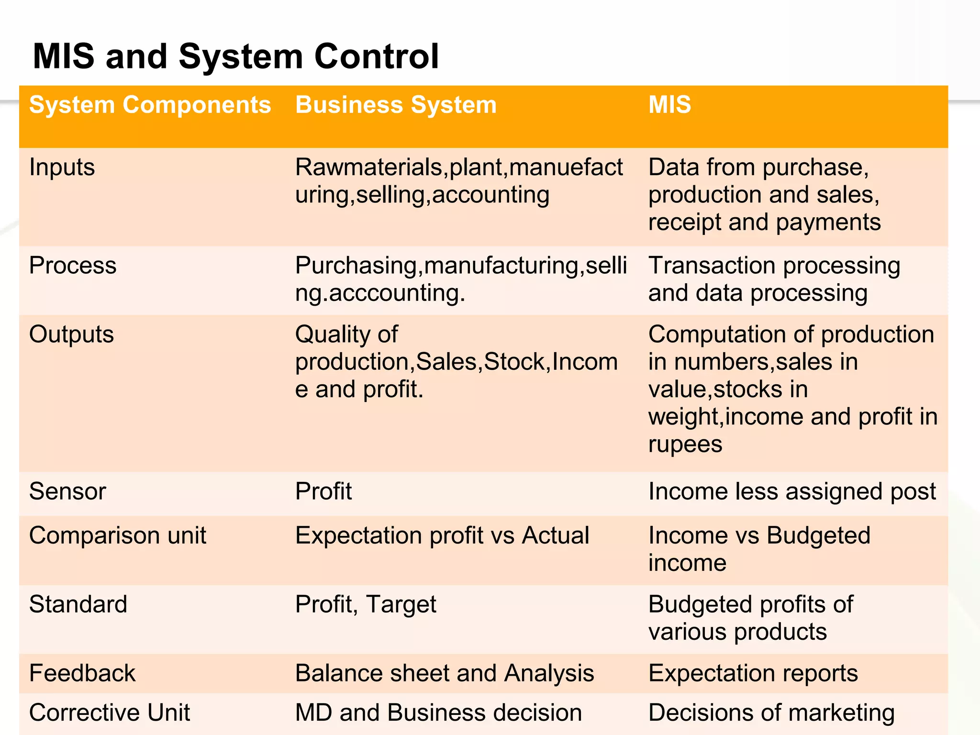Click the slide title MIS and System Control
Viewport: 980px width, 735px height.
tap(235, 56)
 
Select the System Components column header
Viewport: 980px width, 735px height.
tap(150, 105)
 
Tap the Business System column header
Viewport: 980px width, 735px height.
tap(396, 105)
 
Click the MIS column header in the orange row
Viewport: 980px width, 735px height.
tap(669, 105)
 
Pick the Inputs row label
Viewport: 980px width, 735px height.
tap(62, 167)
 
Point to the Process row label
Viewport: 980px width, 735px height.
tap(73, 266)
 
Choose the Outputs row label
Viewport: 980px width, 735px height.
tap(72, 334)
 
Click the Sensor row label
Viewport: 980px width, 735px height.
tap(67, 491)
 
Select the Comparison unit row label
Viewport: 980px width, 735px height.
tap(118, 535)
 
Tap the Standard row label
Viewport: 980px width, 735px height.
tap(78, 604)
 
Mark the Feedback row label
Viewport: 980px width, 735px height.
tap(82, 673)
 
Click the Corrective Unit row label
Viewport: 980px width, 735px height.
tap(110, 713)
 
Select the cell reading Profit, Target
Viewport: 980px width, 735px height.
tap(366, 604)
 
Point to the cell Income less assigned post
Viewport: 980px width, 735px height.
tap(792, 491)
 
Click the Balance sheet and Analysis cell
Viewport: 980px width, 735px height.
tap(445, 673)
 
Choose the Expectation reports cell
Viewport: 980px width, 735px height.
tap(753, 673)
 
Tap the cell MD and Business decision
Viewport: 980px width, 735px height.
tap(438, 713)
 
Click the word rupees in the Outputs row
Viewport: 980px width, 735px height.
tap(685, 445)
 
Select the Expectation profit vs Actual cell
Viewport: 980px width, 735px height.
tap(442, 535)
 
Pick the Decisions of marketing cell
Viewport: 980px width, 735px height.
tap(771, 713)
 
